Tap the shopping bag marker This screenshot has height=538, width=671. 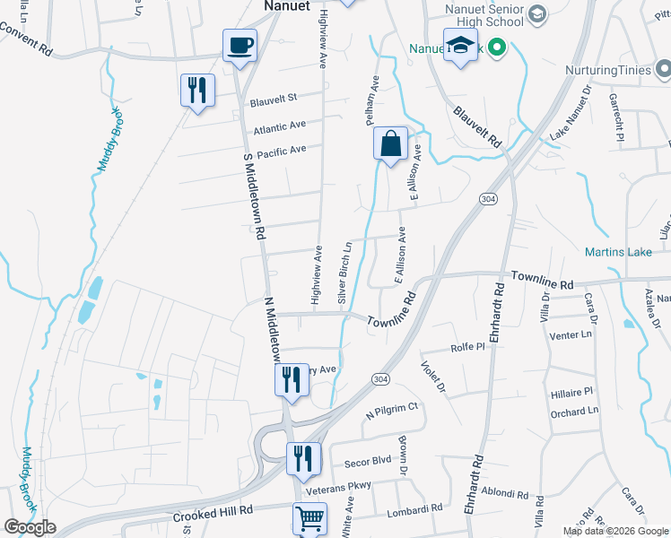[391, 143]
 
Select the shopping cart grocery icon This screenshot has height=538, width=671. [309, 518]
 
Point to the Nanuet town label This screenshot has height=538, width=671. [287, 5]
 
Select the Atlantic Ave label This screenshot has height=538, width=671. [279, 128]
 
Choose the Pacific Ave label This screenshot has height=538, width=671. [282, 149]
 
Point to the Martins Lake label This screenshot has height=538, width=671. [618, 252]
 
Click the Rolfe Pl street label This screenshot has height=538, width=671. [467, 345]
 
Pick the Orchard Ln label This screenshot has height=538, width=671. [574, 412]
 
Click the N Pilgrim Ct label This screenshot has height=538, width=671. [391, 412]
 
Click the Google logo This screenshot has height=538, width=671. [30, 527]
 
